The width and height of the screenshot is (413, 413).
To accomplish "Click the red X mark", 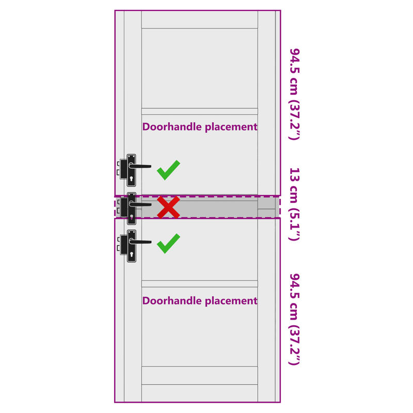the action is (168, 208).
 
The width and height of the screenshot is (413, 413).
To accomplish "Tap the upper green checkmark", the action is (168, 170).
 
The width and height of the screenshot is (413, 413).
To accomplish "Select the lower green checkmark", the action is (168, 244).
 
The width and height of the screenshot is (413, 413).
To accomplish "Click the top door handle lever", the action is (140, 166).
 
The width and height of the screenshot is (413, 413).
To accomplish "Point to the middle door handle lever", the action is (140, 204).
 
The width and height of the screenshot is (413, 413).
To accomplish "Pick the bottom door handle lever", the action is (140, 242).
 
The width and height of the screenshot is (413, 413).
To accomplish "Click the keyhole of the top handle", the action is (132, 179).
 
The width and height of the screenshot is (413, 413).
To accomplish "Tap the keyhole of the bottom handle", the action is (132, 255).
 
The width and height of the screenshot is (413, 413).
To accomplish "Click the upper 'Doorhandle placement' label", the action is (200, 127).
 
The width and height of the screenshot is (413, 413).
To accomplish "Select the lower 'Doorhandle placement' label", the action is (200, 301).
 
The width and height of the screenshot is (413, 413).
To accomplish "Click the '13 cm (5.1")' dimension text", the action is (294, 204).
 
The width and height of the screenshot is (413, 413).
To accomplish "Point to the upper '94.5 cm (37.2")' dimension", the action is (294, 94).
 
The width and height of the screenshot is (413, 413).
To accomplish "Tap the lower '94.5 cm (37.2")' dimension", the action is (294, 320).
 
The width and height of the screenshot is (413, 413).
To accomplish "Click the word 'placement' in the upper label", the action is (231, 127).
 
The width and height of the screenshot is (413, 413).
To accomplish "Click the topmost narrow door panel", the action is (200, 20).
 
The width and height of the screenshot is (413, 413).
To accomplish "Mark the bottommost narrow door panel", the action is (200, 393).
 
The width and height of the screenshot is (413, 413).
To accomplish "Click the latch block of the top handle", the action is (123, 169).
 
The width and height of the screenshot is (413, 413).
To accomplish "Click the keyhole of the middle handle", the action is (132, 217).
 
